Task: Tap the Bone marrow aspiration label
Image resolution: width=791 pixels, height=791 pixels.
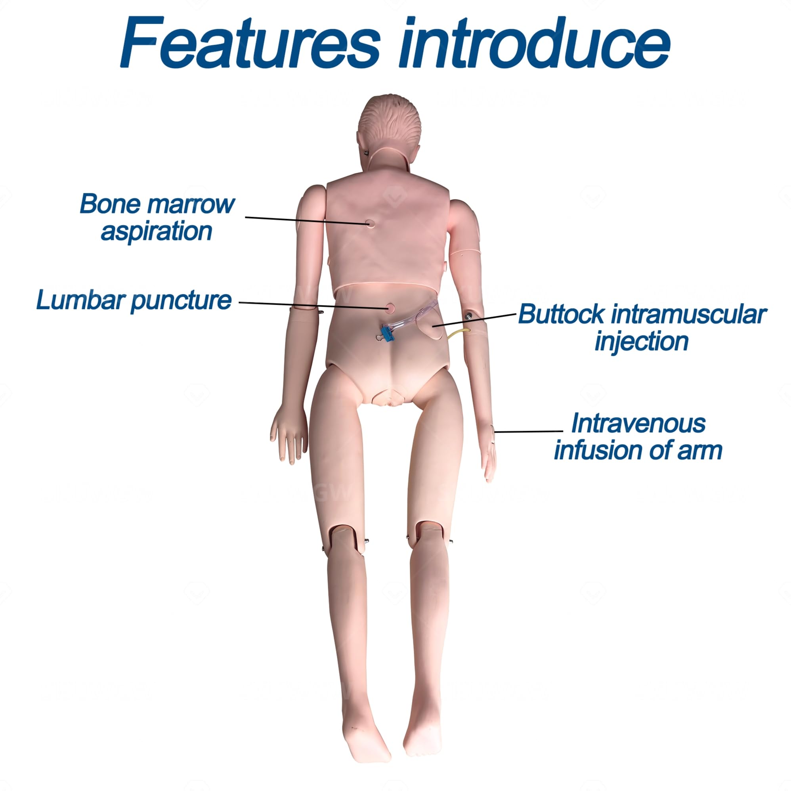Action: [x=157, y=217]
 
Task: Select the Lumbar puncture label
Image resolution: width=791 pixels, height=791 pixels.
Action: [x=134, y=300]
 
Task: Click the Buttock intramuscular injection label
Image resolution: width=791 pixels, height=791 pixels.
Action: [x=642, y=328]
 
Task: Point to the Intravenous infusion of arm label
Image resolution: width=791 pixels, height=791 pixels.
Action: [x=638, y=437]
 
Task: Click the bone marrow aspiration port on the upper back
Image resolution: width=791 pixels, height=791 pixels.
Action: [x=370, y=223]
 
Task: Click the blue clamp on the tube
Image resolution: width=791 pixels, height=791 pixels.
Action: [x=386, y=332]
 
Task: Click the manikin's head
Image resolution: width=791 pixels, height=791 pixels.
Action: [x=389, y=127]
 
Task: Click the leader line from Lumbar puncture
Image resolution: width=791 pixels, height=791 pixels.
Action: [x=311, y=305]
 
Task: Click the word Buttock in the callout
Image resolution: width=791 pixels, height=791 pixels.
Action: [x=560, y=315]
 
